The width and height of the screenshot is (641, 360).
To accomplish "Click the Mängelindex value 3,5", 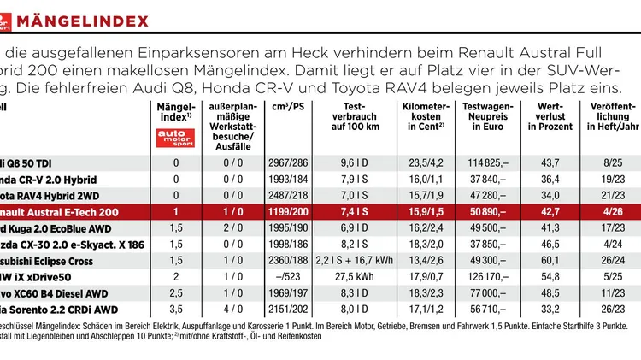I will pos(177,310).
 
